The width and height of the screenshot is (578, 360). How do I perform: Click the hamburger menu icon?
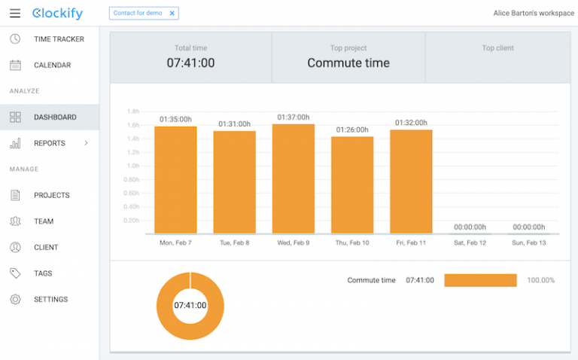(x=15, y=14)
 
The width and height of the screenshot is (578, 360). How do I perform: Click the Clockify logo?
(x=58, y=14)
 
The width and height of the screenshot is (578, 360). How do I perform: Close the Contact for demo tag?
(x=172, y=14)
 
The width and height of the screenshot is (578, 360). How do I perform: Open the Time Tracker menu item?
(x=59, y=39)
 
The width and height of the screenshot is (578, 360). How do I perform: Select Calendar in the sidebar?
(x=52, y=66)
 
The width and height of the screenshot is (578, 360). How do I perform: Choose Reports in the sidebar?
(x=50, y=143)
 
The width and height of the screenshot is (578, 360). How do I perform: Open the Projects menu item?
(x=51, y=195)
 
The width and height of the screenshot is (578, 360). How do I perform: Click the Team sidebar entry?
(x=44, y=221)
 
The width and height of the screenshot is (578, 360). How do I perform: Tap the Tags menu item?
(x=43, y=273)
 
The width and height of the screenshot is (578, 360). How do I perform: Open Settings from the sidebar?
(x=50, y=300)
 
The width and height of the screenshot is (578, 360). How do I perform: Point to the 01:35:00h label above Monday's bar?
(x=175, y=119)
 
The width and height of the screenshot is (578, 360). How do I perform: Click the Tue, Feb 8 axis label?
(x=234, y=243)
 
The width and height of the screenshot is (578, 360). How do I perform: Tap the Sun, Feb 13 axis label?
(x=528, y=243)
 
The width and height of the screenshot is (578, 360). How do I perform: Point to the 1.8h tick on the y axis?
(x=132, y=111)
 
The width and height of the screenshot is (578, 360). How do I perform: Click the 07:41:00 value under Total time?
(x=190, y=63)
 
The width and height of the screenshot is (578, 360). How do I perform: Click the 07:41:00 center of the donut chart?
(x=190, y=306)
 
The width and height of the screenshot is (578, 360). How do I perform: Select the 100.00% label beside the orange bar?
(x=540, y=280)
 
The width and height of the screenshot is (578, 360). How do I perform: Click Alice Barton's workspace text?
(x=533, y=14)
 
